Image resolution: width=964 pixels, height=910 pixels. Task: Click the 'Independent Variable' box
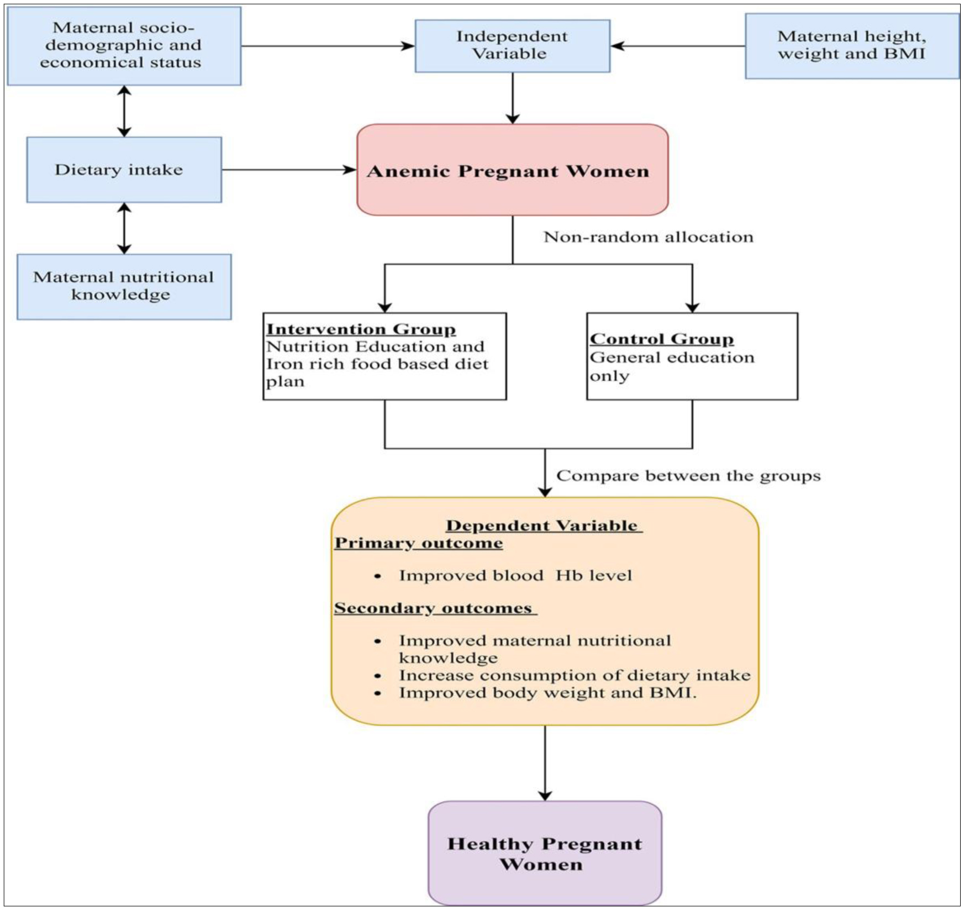point(513,46)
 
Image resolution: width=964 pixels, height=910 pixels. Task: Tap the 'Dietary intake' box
point(124,170)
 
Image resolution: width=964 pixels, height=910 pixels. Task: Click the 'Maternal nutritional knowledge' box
point(124,287)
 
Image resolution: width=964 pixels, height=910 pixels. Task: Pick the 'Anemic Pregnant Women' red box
point(513,170)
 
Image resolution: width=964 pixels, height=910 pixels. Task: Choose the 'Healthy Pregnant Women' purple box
point(545,853)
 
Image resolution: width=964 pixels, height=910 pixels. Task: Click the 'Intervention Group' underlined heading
point(361,329)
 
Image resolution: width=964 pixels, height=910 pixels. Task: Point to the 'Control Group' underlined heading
point(662,339)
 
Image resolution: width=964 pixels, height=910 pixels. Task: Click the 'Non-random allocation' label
point(649,237)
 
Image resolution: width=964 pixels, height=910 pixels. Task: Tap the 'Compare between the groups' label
point(688,476)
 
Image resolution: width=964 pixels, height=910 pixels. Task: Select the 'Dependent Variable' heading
point(544,525)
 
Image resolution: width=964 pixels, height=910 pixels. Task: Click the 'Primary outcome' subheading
point(419,543)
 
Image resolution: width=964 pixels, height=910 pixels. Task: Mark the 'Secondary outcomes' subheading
point(435,608)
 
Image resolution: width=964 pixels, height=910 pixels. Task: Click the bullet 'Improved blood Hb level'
point(515,576)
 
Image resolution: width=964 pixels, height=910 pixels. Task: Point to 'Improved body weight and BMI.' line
point(548,693)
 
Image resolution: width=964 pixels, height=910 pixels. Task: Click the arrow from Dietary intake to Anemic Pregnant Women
point(289,170)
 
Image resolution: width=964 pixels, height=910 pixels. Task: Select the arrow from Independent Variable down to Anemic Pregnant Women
point(513,98)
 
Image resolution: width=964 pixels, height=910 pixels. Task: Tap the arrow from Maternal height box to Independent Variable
point(678,46)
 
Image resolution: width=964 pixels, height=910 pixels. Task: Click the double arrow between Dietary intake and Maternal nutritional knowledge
point(124,228)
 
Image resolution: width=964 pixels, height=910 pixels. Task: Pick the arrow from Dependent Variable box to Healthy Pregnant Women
point(545,763)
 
